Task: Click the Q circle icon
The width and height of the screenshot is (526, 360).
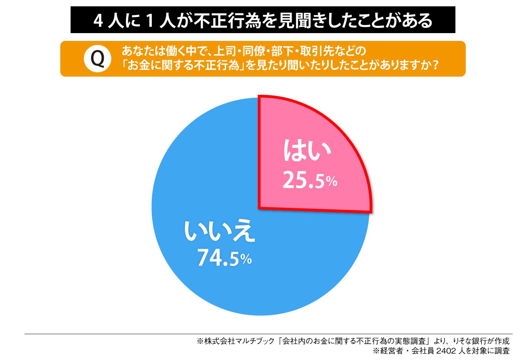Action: point(97,59)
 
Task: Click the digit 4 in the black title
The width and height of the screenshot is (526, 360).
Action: point(98,21)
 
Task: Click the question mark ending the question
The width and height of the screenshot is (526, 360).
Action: point(432,66)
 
